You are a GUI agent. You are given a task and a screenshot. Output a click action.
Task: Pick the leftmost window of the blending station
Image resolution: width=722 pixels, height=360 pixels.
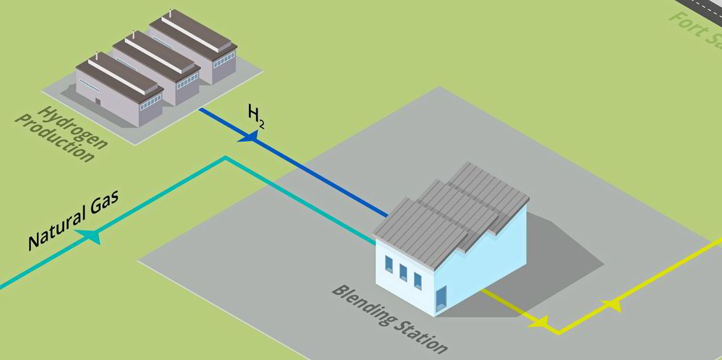pos(389,264)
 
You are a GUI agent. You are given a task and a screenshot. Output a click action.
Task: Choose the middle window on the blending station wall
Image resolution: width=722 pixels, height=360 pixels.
pos(403,272)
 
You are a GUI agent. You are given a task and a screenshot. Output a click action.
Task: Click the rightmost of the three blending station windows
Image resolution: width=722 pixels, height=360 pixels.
pos(418,280)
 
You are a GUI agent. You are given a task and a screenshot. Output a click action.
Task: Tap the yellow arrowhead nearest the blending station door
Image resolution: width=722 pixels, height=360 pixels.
pos(538,321)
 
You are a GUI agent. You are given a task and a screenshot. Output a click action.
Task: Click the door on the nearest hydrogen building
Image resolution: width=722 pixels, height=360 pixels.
pos(97,101)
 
